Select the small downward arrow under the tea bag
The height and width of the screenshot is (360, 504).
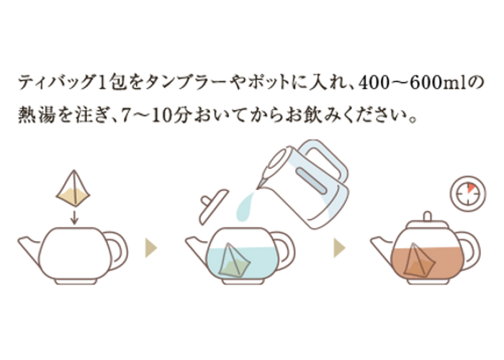tap(74, 217)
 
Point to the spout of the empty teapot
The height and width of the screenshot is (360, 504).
tap(29, 248)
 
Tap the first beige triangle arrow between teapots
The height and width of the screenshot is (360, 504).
tap(150, 248)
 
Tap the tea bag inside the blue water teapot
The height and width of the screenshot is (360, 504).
tap(234, 261)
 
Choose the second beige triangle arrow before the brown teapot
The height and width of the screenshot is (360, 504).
tap(339, 248)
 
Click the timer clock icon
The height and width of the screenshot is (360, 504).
tap(468, 194)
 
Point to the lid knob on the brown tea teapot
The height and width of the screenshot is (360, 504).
tap(427, 216)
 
